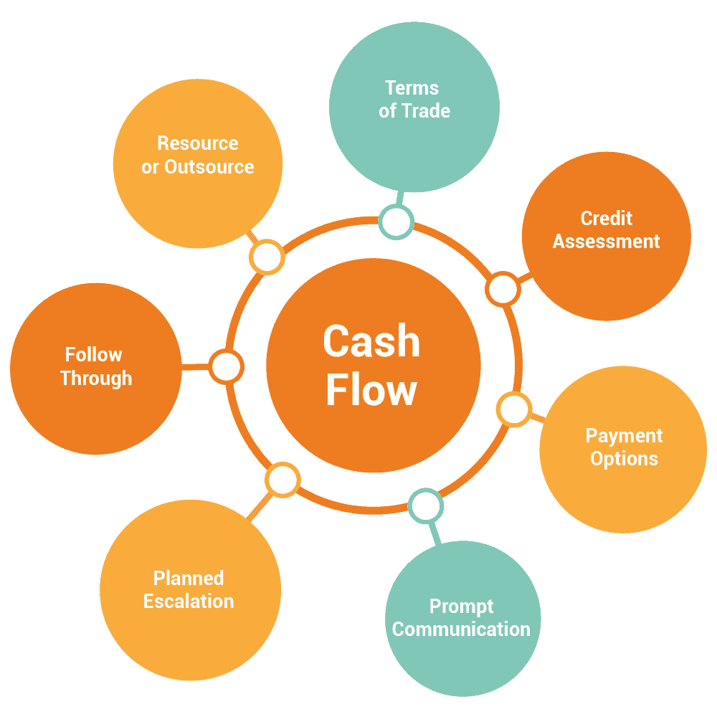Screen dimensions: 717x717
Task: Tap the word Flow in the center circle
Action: (371, 391)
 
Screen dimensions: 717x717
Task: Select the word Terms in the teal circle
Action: (412, 88)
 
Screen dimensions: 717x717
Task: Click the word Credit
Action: (607, 218)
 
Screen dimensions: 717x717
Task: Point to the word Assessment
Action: (607, 242)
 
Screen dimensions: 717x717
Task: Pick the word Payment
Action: (624, 436)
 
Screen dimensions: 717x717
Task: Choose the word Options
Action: (624, 459)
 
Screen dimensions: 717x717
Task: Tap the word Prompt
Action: (462, 607)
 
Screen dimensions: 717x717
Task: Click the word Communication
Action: (462, 630)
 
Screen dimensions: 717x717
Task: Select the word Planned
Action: (189, 578)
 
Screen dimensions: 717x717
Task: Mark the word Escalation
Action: (189, 601)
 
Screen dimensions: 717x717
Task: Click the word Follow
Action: (94, 355)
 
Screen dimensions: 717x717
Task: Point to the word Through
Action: (96, 379)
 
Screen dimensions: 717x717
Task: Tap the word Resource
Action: (198, 143)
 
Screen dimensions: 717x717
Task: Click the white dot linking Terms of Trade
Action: (396, 222)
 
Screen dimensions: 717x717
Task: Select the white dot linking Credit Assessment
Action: (503, 289)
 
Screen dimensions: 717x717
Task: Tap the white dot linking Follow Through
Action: (227, 367)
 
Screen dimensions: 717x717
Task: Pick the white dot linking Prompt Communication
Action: (426, 507)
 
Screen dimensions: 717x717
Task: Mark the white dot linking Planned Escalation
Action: (282, 480)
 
